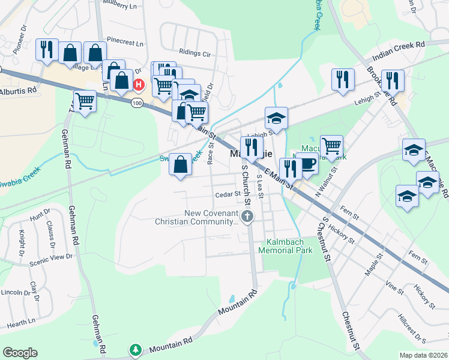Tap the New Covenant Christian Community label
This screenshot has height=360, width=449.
[x=196, y=217]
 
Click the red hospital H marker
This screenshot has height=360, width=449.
[x=139, y=85]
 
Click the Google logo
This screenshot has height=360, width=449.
[x=20, y=353]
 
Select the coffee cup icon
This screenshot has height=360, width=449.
[x=307, y=164]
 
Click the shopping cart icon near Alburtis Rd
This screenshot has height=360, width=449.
[x=85, y=101]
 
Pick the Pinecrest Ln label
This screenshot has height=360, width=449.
[x=125, y=43]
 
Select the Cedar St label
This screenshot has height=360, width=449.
[x=229, y=194]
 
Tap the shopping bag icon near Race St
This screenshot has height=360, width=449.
[x=180, y=164]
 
